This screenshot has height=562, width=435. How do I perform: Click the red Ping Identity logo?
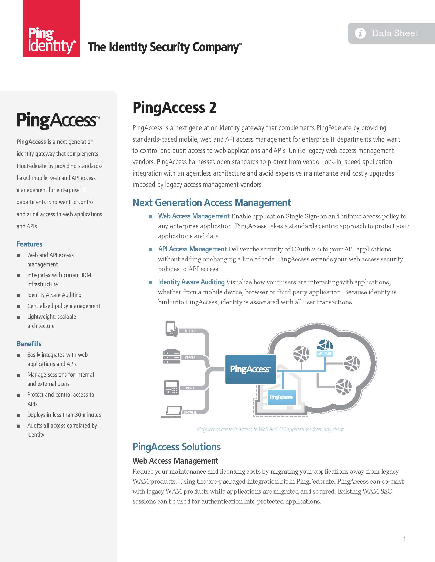(51, 29)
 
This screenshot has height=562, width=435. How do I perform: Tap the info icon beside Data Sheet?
(360, 33)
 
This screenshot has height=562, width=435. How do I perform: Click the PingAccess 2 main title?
(175, 107)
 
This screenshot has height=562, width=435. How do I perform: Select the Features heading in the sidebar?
(29, 244)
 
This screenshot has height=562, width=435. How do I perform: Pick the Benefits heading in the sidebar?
(29, 344)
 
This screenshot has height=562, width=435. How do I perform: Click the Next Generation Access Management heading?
(212, 203)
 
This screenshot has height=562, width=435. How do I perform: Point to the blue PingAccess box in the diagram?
(251, 369)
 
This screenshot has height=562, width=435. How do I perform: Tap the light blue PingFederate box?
(281, 397)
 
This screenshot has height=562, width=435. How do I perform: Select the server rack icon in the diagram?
(171, 356)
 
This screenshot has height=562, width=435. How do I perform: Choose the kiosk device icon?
(171, 387)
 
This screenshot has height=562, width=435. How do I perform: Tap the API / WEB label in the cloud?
(325, 354)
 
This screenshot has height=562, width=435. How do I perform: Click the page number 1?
(405, 539)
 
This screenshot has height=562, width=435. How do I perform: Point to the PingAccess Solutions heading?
(177, 447)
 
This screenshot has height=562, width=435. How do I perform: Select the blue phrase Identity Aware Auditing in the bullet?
(191, 282)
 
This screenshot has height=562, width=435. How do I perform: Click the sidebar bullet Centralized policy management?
(64, 306)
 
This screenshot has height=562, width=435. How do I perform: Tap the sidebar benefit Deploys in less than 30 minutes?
(64, 415)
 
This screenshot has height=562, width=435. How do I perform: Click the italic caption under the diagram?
(270, 429)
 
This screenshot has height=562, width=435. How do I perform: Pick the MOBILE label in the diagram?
(190, 331)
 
